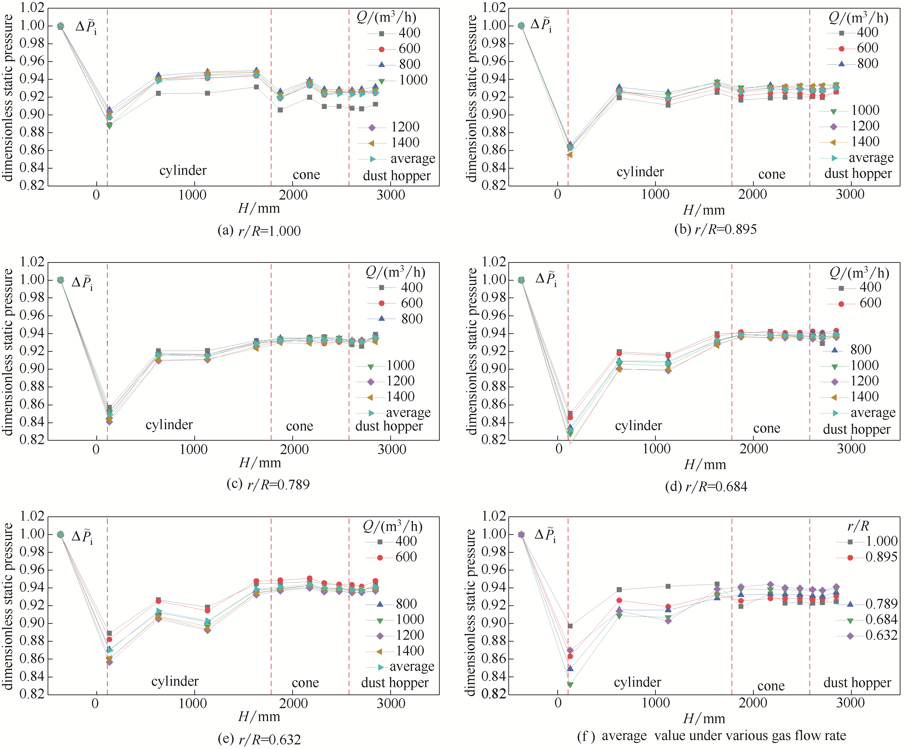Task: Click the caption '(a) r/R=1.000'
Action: (259, 231)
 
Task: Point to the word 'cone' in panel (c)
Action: (299, 426)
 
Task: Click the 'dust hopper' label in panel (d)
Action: (856, 430)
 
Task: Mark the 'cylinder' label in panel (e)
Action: (175, 681)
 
